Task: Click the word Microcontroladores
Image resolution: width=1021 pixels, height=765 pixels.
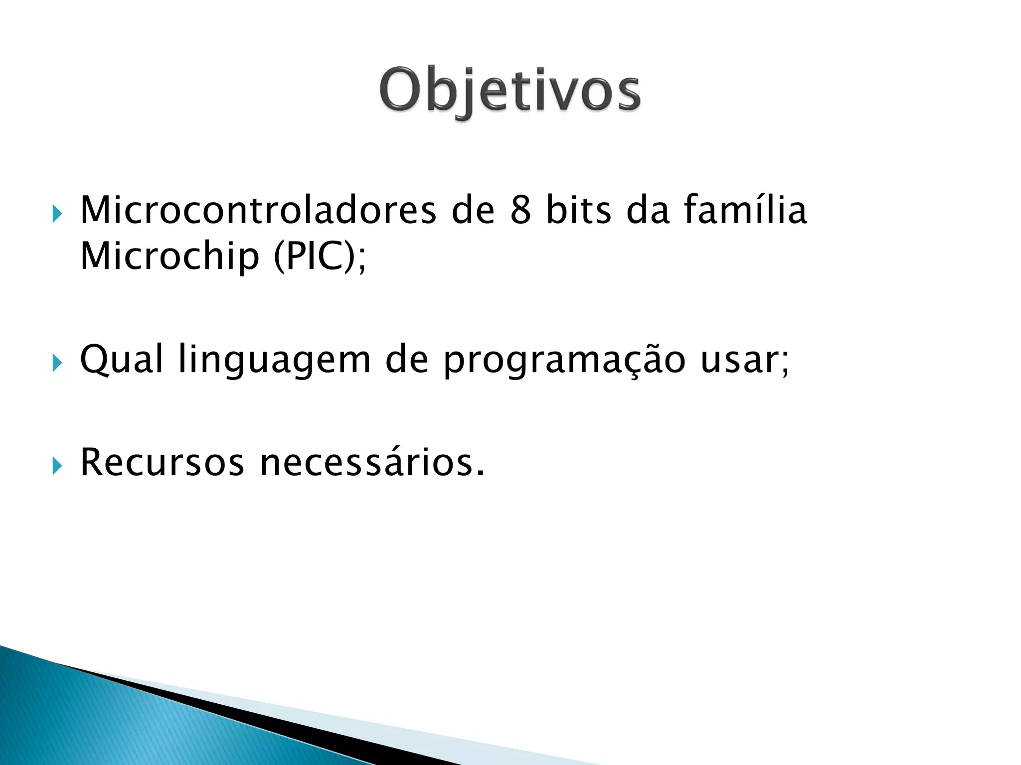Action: (x=258, y=210)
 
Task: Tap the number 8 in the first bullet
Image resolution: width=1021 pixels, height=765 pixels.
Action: (x=520, y=210)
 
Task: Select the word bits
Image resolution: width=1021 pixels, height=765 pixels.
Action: (x=578, y=210)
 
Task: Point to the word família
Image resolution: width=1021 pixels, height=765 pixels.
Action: (x=745, y=210)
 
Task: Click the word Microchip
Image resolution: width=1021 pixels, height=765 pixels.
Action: (x=170, y=257)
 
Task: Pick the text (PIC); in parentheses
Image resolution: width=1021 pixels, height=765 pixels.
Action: (x=320, y=257)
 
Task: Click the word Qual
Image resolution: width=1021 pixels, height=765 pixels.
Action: (x=121, y=360)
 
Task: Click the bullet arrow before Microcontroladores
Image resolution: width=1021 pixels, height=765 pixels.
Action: (x=57, y=215)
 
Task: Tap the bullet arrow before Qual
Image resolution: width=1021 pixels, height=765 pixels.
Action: (x=57, y=364)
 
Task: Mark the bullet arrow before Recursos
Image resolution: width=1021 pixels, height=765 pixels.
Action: (x=57, y=467)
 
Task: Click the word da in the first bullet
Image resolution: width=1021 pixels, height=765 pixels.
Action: (x=648, y=210)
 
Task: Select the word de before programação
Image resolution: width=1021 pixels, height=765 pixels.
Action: (x=407, y=360)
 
